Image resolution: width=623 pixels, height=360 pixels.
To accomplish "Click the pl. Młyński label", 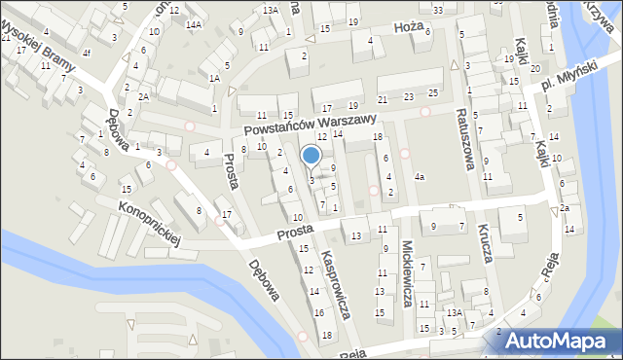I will (x=565, y=83).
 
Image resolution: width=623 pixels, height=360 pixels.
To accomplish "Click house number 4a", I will (x=420, y=177).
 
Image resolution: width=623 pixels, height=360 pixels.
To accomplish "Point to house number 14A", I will (x=194, y=24).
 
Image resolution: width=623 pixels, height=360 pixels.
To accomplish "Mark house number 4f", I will (x=87, y=53).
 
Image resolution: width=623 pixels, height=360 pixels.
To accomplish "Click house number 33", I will (x=438, y=10).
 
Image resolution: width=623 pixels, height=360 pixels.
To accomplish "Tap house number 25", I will (x=432, y=93).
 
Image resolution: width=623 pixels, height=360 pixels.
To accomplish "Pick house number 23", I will (x=408, y=96).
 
